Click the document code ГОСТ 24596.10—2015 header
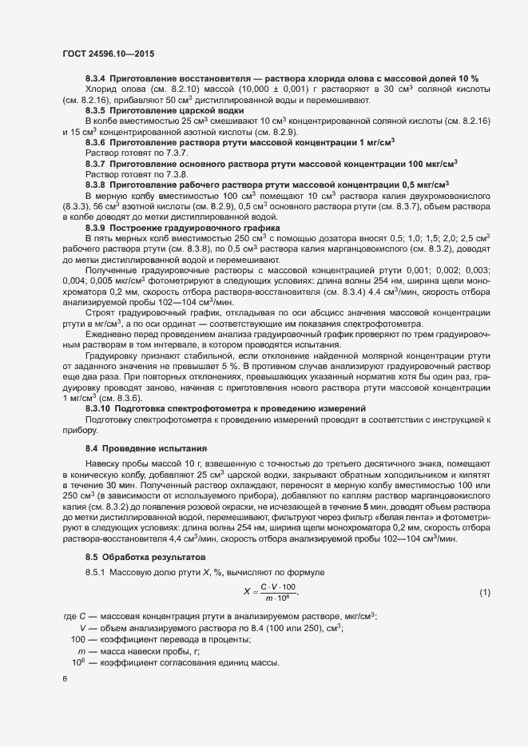point(108,54)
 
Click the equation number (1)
point(485,592)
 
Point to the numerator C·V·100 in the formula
point(278,587)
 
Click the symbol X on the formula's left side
point(246,592)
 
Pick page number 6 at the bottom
point(64,677)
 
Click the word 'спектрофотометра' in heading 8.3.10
point(212,408)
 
